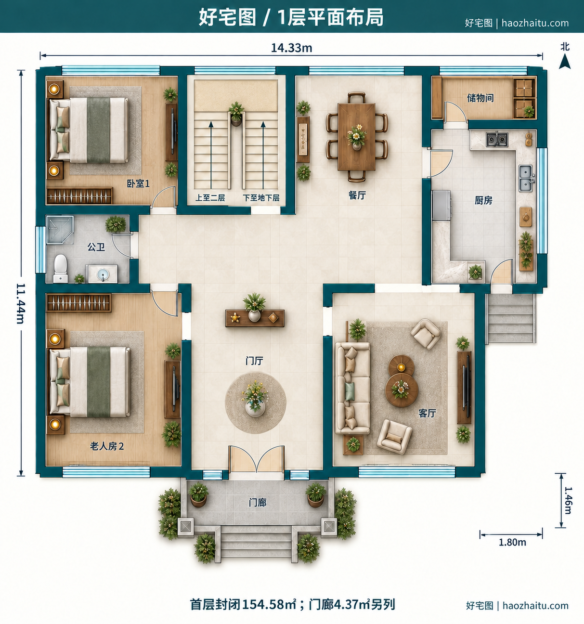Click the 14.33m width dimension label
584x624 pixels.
pos(291,48)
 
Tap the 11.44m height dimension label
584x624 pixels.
pos(21,303)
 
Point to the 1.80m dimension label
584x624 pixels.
pos(512,542)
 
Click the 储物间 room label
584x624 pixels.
pos(480,98)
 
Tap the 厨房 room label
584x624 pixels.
pos(483,200)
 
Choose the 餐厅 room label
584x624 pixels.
pos(357,195)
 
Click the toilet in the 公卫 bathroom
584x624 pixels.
pos(60,268)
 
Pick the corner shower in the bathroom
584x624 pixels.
pos(60,230)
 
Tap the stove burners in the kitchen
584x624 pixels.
pos(497,140)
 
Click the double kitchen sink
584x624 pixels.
pos(526,179)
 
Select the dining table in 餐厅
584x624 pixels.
pos(356,137)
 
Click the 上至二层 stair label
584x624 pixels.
pos(210,198)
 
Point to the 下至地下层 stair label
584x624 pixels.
pos(261,198)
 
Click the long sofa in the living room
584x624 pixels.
pos(353,388)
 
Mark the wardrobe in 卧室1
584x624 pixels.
pos(79,196)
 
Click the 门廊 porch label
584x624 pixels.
pos(258,503)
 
